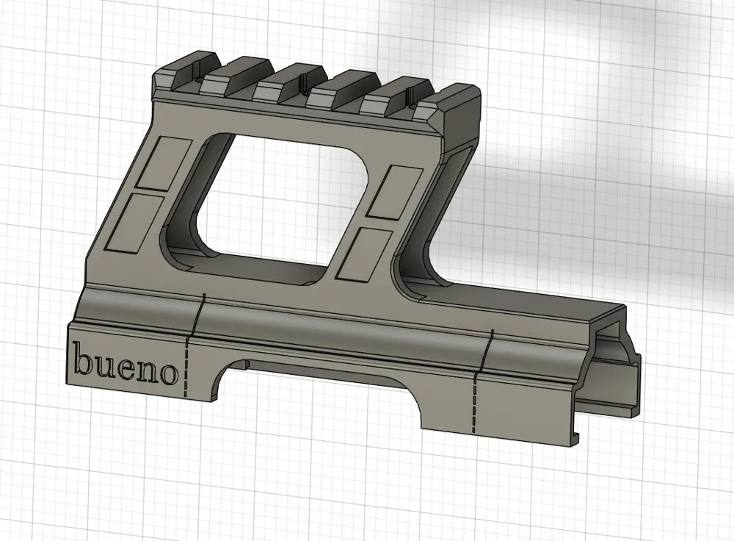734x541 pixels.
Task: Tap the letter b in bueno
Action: pyautogui.click(x=83, y=358)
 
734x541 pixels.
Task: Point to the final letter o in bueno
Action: pyautogui.click(x=169, y=374)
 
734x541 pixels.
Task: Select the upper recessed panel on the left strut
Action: pyautogui.click(x=163, y=163)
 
